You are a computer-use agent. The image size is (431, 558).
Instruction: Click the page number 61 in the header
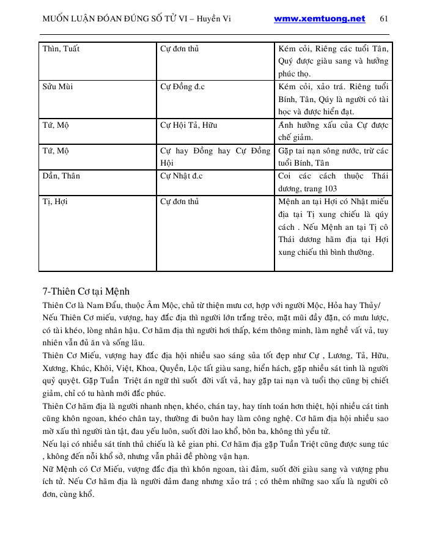pyautogui.click(x=384, y=18)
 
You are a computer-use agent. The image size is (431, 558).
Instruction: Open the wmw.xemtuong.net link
pyautogui.click(x=319, y=18)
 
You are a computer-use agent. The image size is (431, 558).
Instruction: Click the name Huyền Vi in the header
pyautogui.click(x=220, y=18)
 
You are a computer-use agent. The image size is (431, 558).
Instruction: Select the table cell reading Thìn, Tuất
pyautogui.click(x=61, y=48)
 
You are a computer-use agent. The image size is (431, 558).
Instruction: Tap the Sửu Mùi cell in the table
pyautogui.click(x=57, y=86)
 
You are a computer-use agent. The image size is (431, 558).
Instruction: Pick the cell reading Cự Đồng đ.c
pyautogui.click(x=182, y=86)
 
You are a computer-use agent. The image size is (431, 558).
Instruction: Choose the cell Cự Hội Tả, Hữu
pyautogui.click(x=188, y=125)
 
